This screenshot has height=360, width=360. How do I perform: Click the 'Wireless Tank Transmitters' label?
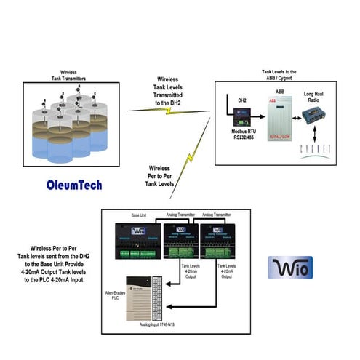point(68,76)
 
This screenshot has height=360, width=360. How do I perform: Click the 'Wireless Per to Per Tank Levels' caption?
point(164,177)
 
